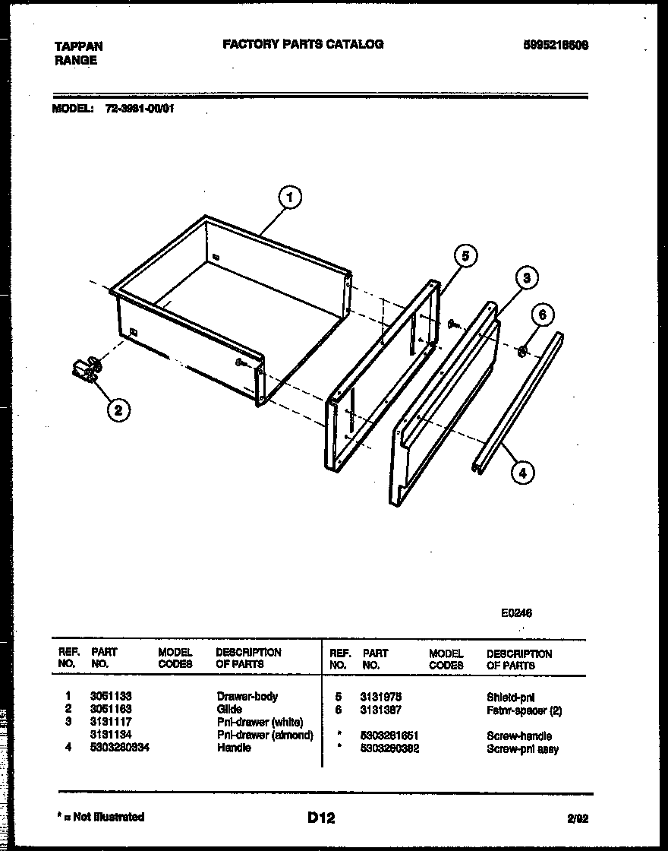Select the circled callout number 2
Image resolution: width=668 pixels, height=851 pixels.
coord(116,411)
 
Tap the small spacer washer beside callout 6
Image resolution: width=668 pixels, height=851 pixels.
coord(523,352)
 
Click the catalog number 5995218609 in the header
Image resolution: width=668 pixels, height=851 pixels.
coord(556,46)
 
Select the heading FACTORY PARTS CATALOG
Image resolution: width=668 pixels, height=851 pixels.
coord(303,44)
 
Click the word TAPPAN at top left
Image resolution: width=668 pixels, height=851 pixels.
coord(78,46)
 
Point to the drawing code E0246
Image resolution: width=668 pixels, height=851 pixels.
coord(516,614)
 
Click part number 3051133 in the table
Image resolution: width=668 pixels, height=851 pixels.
coord(111,696)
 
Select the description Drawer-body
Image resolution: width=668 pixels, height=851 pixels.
coord(247,696)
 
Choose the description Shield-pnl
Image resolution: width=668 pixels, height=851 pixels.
coord(511,697)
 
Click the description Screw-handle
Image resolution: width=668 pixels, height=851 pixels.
coord(519,736)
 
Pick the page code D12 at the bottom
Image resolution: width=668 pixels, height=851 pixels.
coord(321,818)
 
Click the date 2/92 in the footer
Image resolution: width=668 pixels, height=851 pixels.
coord(577,819)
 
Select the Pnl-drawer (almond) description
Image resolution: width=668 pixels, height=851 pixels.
coord(265,735)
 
